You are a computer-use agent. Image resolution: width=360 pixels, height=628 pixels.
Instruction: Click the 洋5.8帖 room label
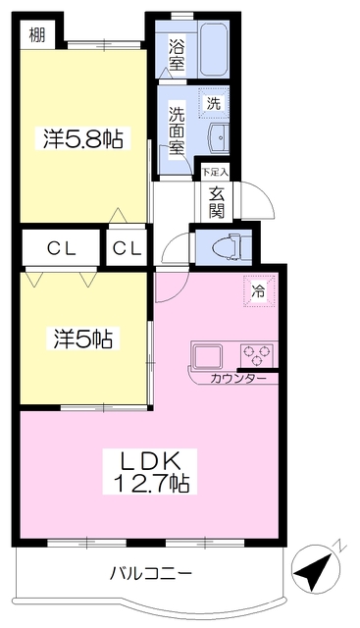click(82, 138)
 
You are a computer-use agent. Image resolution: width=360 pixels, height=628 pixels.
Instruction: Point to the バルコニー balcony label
click(150, 572)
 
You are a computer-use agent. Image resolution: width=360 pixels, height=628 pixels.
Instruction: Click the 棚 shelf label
click(37, 37)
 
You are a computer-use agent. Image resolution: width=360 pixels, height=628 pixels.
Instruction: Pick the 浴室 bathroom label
click(176, 55)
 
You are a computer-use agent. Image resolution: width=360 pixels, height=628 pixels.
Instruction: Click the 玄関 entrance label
click(216, 200)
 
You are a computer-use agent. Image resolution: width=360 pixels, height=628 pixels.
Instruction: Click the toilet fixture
click(225, 245)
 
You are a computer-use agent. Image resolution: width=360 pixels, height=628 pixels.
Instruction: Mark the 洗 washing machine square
click(213, 100)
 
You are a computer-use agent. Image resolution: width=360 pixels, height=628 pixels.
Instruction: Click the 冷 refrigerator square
click(258, 291)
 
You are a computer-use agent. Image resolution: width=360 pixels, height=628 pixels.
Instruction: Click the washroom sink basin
click(219, 137)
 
